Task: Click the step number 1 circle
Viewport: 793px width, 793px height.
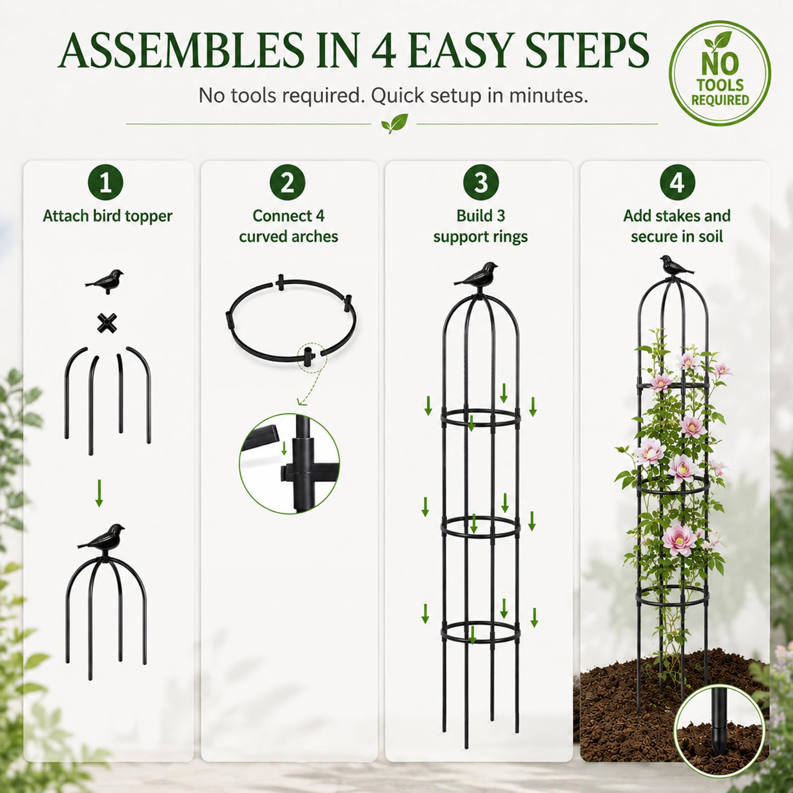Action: click(x=106, y=183)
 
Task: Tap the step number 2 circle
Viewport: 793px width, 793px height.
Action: click(x=288, y=183)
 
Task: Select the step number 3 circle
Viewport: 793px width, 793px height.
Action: click(x=481, y=183)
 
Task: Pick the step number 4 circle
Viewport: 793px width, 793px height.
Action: click(x=677, y=183)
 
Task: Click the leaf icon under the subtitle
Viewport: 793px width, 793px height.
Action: click(x=395, y=124)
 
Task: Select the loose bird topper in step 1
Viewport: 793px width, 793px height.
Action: click(x=105, y=281)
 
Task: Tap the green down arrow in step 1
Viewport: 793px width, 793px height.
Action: click(x=99, y=493)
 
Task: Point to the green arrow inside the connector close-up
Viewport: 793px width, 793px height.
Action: click(x=284, y=449)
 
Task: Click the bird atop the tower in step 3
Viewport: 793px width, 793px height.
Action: click(x=477, y=275)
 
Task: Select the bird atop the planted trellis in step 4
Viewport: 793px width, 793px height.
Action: click(x=677, y=267)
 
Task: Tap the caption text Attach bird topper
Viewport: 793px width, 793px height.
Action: click(x=107, y=216)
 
